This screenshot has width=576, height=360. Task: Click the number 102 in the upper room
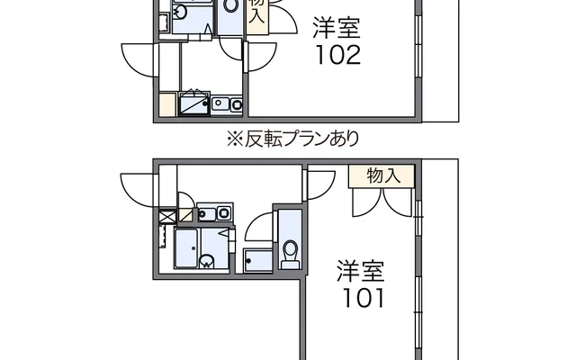pyautogui.click(x=337, y=57)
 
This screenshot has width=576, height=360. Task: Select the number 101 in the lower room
pyautogui.click(x=360, y=297)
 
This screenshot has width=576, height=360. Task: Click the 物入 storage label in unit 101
pyautogui.click(x=384, y=175)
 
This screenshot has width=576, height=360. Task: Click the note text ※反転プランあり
pyautogui.click(x=292, y=139)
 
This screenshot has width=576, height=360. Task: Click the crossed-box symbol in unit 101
pyautogui.click(x=166, y=216)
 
